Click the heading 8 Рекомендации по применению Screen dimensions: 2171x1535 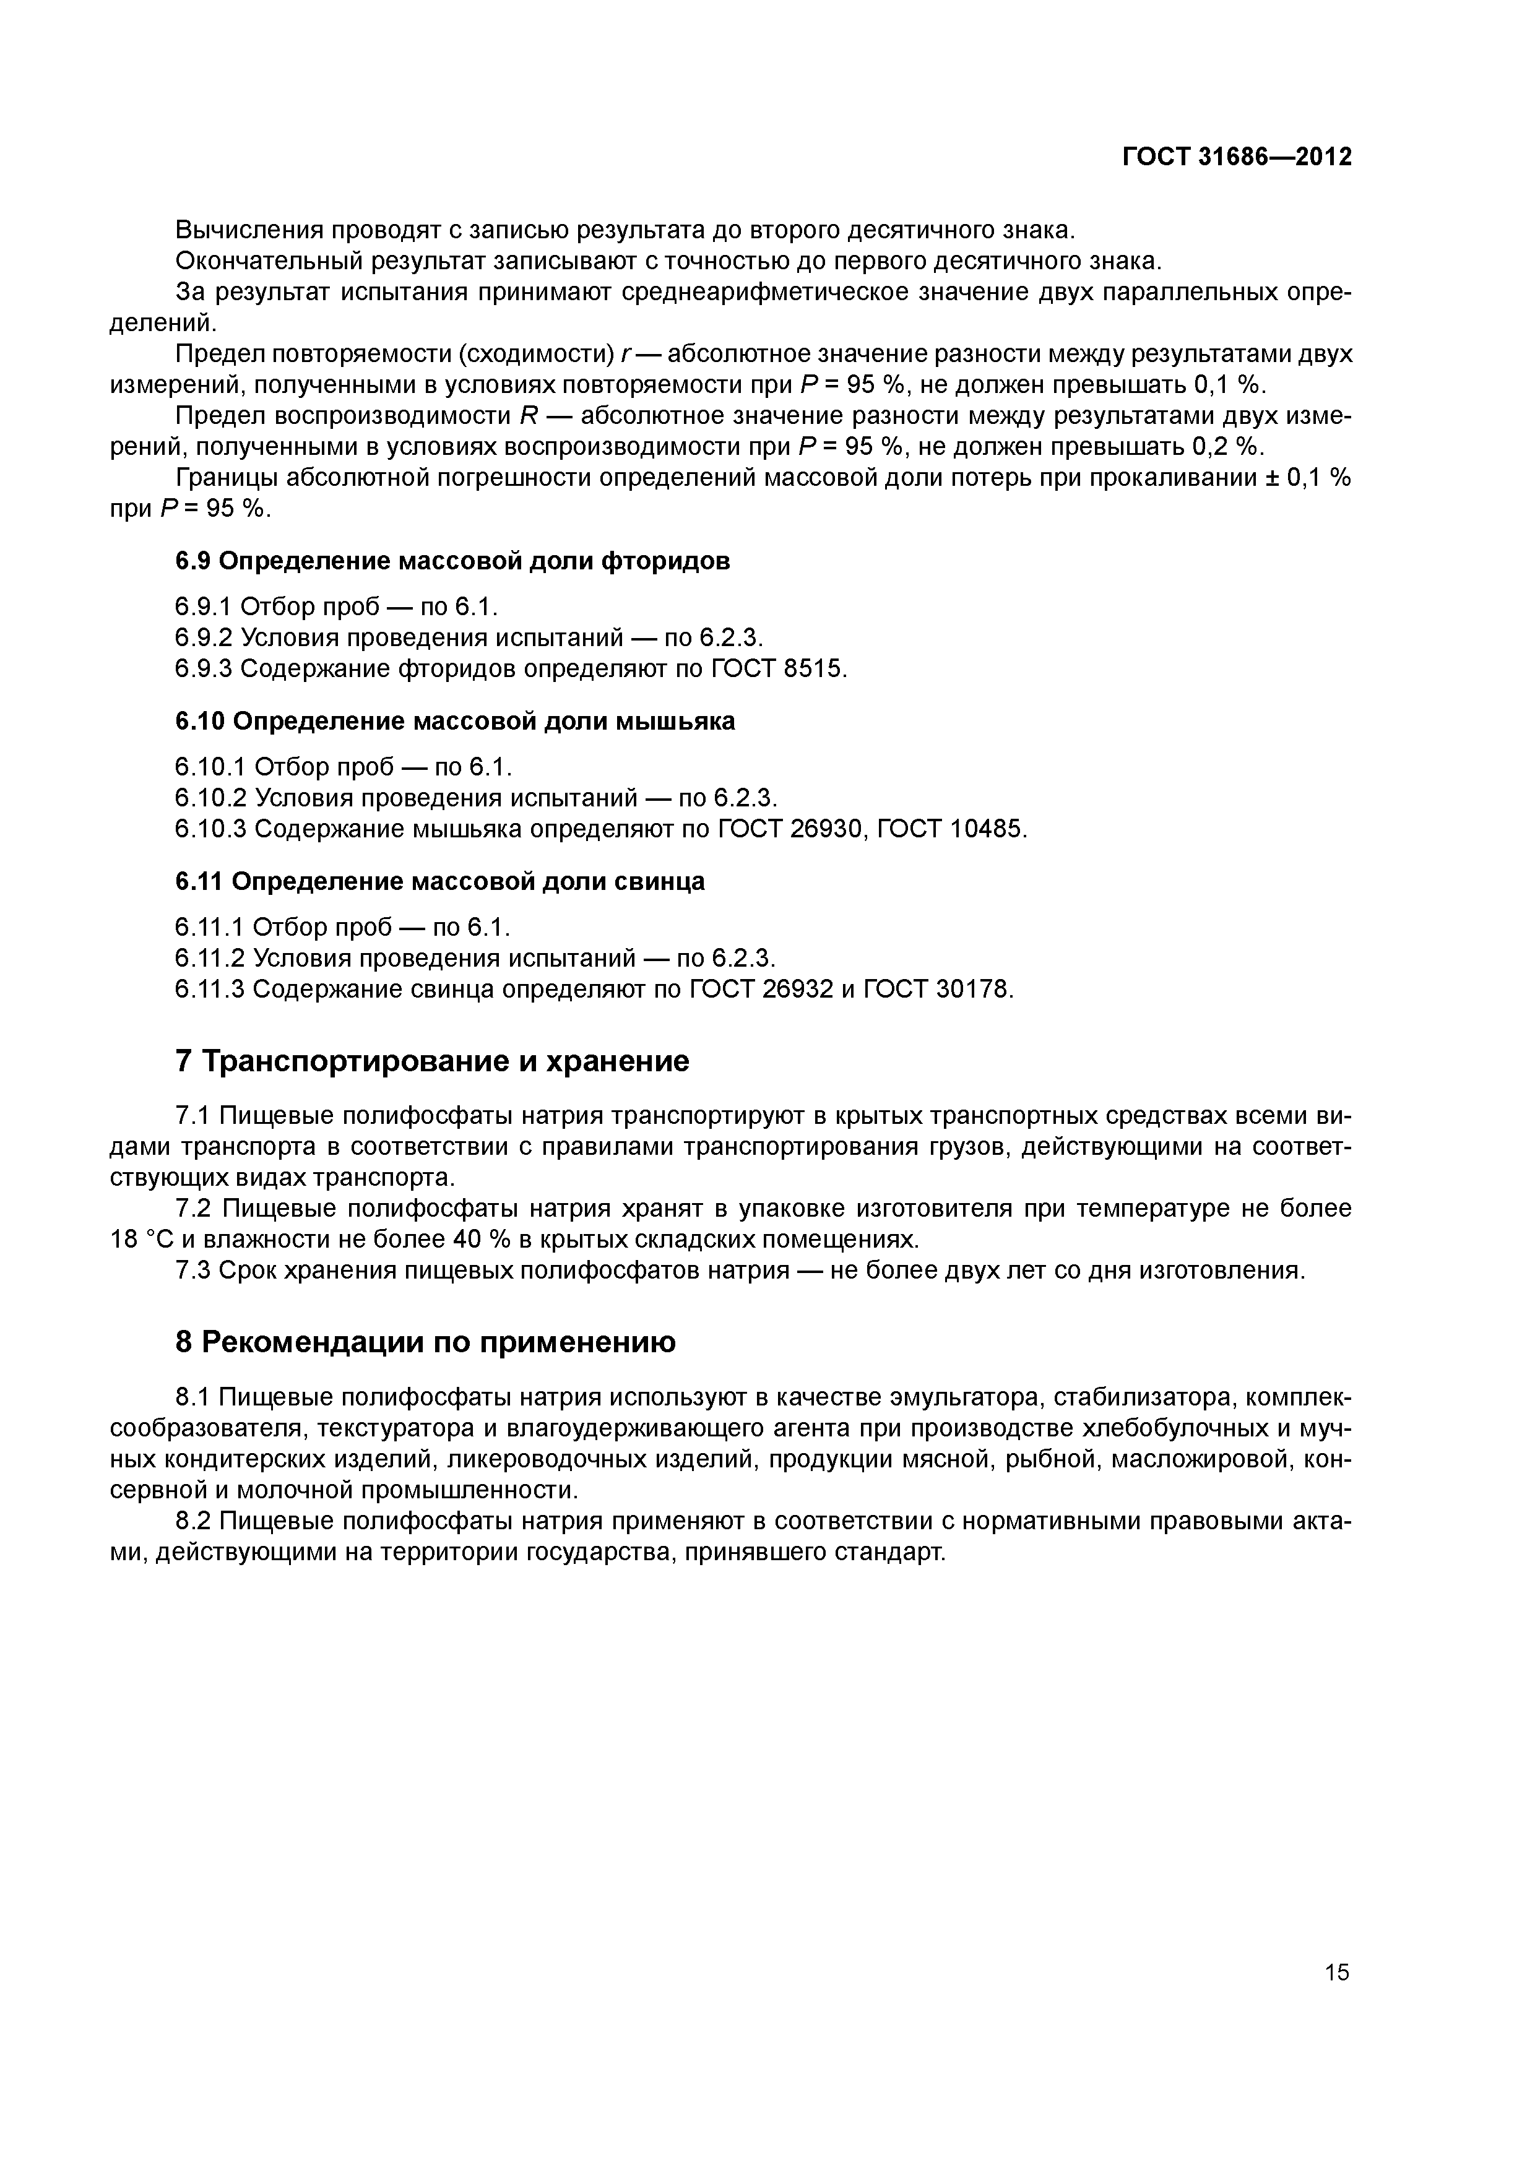coord(426,1342)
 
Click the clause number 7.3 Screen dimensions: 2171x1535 coord(193,1270)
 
